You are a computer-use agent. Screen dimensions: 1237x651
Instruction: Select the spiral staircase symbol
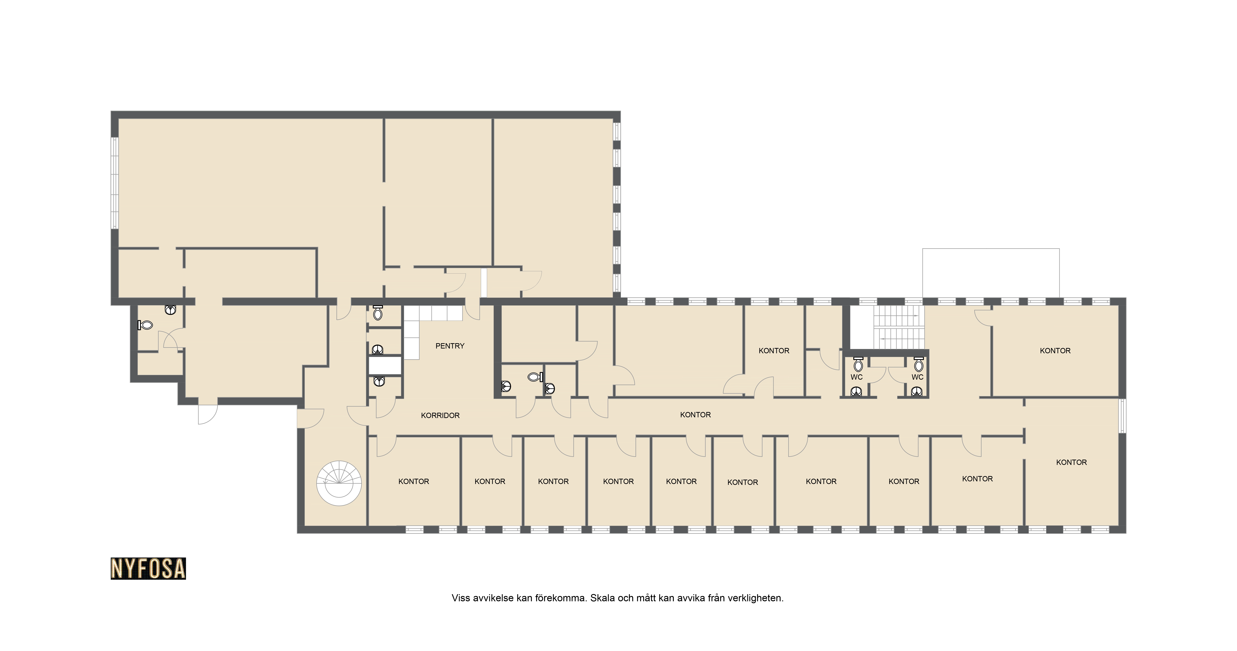coord(339,483)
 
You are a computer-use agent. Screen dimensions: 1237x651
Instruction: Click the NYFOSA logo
coord(148,568)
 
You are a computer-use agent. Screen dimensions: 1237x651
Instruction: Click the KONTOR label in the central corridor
coord(695,415)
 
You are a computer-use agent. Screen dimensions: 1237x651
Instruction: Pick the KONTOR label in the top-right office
coord(1055,351)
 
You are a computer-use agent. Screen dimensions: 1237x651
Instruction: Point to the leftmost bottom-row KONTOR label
coord(414,481)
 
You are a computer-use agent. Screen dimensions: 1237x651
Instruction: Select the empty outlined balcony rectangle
coord(991,273)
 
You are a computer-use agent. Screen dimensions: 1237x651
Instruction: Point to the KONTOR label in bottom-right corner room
coord(1071,462)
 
